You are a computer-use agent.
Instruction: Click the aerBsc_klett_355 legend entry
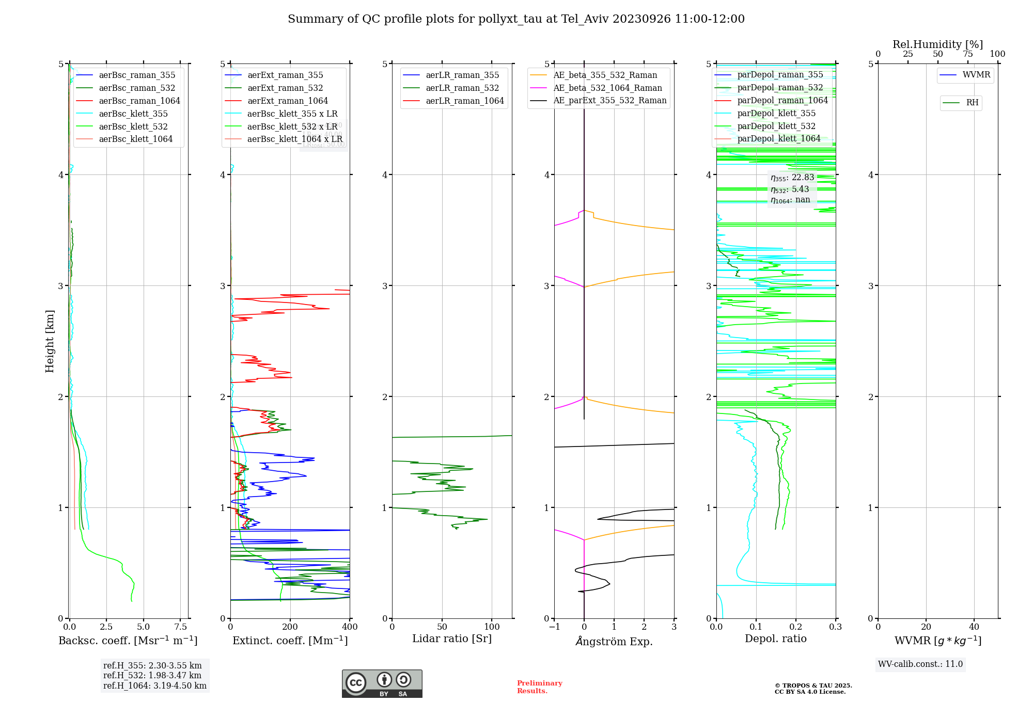(x=133, y=114)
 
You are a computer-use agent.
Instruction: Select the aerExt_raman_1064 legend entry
(x=287, y=101)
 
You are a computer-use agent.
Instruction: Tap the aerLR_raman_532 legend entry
(x=462, y=88)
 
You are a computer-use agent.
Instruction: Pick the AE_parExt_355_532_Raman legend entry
(x=609, y=101)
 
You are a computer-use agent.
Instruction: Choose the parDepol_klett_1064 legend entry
(x=778, y=138)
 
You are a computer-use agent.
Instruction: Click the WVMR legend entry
(x=976, y=75)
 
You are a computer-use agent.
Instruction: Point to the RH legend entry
(x=972, y=103)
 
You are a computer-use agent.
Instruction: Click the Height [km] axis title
(x=50, y=341)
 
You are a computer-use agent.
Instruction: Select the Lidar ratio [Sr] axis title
(x=451, y=639)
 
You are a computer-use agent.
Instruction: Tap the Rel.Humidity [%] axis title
(x=937, y=44)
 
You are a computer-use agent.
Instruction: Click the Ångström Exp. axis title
(x=614, y=641)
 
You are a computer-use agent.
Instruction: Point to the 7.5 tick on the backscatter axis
(x=181, y=627)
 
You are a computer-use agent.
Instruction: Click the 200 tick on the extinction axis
(x=290, y=627)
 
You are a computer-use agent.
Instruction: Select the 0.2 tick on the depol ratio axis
(x=796, y=627)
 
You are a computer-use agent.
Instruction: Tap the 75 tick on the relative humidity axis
(x=967, y=54)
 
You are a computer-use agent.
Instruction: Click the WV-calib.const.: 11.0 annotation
(x=920, y=664)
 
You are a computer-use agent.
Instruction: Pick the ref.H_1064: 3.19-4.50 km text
(x=154, y=686)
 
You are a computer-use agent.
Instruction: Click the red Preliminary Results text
(x=539, y=687)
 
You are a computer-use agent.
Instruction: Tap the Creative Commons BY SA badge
(x=382, y=684)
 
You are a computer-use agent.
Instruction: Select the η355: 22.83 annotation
(x=792, y=178)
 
